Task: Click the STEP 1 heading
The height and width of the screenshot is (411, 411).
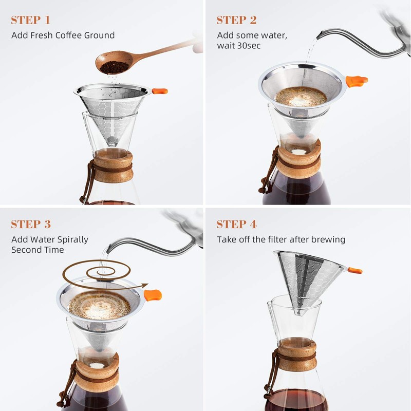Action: pos(31,21)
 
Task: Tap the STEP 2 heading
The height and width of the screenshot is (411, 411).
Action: pos(236,21)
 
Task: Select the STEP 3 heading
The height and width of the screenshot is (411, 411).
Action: pos(31,225)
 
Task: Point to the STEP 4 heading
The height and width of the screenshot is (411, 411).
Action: pos(236,225)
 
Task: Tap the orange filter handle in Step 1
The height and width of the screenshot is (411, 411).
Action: pos(160,91)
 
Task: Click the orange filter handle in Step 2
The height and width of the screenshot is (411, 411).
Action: pos(357,81)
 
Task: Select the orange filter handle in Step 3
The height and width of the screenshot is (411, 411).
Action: pos(153,295)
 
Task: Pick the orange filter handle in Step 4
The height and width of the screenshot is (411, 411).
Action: pos(355,270)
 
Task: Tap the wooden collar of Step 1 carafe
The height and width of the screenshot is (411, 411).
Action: pos(113,165)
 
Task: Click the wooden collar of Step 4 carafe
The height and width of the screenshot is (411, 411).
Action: pos(297,354)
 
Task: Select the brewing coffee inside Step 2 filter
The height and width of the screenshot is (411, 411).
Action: pos(301,96)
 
